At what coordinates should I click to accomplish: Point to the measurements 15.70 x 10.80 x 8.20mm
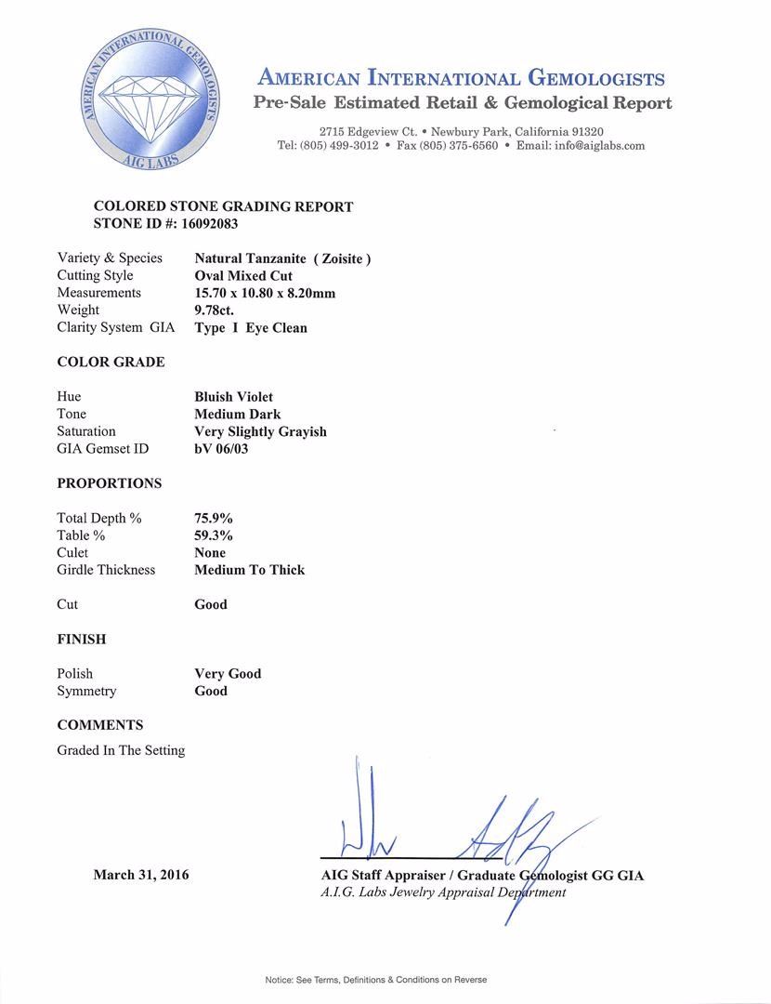265,293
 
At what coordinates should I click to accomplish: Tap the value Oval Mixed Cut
243,276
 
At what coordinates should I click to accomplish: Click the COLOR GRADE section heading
111,362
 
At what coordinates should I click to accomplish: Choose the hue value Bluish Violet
233,397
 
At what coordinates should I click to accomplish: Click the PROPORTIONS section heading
109,483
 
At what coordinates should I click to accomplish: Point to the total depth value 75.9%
213,518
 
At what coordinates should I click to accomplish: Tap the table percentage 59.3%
213,535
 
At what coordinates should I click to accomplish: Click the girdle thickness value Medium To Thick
249,570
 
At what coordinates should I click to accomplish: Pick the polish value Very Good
228,674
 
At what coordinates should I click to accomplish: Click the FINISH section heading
82,640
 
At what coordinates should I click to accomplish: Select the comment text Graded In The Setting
121,750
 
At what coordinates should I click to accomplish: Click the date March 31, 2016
141,875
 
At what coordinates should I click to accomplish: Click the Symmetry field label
86,692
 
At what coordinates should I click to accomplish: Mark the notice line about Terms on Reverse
375,980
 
